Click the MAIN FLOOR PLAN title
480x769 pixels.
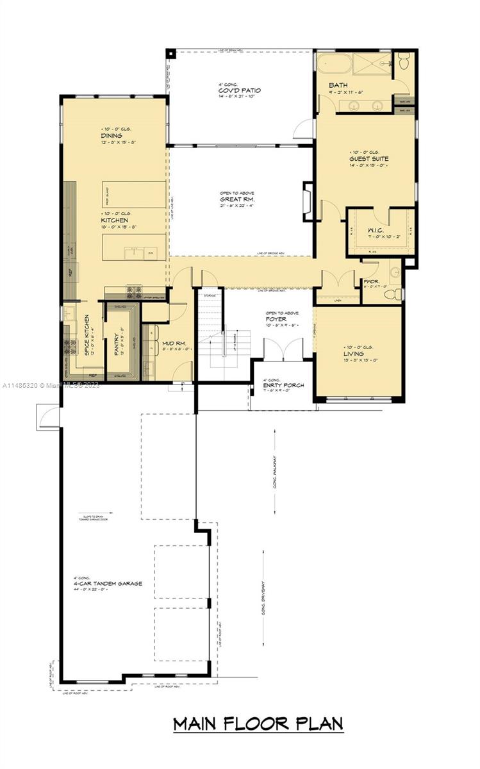[258, 724]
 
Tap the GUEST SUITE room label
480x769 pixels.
[368, 158]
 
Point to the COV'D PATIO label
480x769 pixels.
[238, 90]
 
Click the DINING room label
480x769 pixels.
[112, 136]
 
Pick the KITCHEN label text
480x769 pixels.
[115, 220]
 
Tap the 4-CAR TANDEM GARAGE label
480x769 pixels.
[107, 584]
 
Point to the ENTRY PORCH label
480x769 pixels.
[283, 385]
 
